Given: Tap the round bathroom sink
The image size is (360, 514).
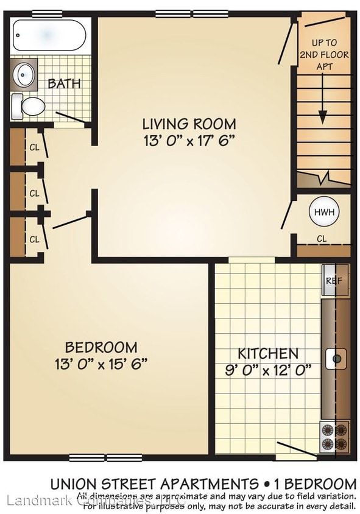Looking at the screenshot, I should coord(25,75).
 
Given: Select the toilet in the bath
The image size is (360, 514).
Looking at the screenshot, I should coord(29,107).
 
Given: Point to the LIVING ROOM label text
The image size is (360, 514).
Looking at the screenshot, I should coord(189,124).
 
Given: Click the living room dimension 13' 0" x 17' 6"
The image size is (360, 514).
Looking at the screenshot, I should coord(189,141).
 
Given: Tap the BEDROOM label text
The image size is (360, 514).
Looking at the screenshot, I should coord(101,348).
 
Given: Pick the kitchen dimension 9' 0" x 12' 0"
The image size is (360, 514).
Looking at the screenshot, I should coord(268,369).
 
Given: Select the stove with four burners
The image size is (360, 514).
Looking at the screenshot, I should coord(334,437).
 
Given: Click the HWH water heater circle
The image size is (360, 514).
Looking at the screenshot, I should coord(322,213).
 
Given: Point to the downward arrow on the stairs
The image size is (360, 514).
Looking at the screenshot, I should coord(323,110).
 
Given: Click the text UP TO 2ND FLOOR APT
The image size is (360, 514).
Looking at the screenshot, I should coord(323,54).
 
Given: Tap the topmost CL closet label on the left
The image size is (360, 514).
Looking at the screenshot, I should coord(35,147).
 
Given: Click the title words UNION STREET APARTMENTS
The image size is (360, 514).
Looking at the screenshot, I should coord(154,485).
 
